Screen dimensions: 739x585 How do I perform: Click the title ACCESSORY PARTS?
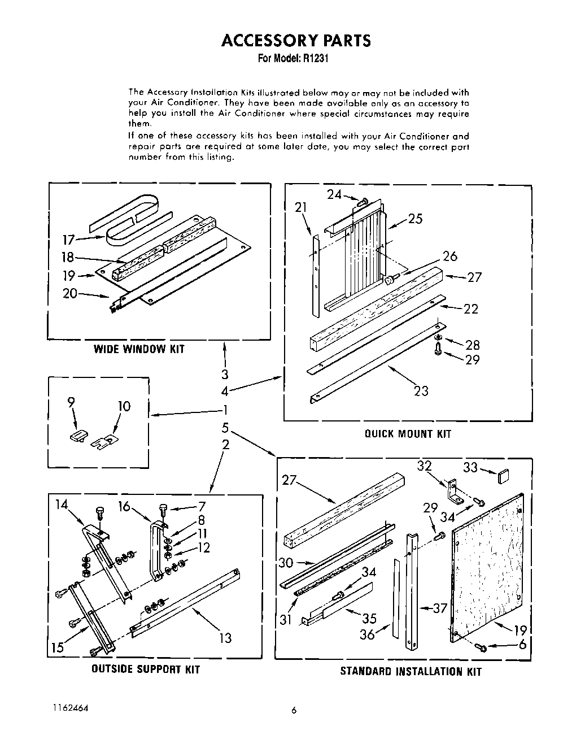click(x=296, y=40)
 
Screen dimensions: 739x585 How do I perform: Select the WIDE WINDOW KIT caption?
click(x=139, y=349)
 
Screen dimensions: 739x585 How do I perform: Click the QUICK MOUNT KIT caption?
click(x=408, y=434)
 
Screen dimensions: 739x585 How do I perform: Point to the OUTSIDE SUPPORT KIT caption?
click(x=146, y=670)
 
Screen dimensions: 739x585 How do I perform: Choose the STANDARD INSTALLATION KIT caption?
click(x=411, y=672)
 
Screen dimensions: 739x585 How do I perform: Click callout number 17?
click(x=68, y=240)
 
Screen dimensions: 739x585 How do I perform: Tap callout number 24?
click(x=334, y=194)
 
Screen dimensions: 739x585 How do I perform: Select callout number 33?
click(x=470, y=467)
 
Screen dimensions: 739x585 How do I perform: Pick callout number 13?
click(x=225, y=638)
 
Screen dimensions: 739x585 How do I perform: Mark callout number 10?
click(x=124, y=406)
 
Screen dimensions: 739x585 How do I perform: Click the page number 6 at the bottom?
click(x=294, y=711)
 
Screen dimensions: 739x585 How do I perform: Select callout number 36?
click(x=367, y=634)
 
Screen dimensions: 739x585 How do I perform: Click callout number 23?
click(x=421, y=390)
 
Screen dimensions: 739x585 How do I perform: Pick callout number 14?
click(x=61, y=505)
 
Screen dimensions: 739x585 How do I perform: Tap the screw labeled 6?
click(x=481, y=646)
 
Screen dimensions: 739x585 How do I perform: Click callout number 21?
click(x=301, y=207)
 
